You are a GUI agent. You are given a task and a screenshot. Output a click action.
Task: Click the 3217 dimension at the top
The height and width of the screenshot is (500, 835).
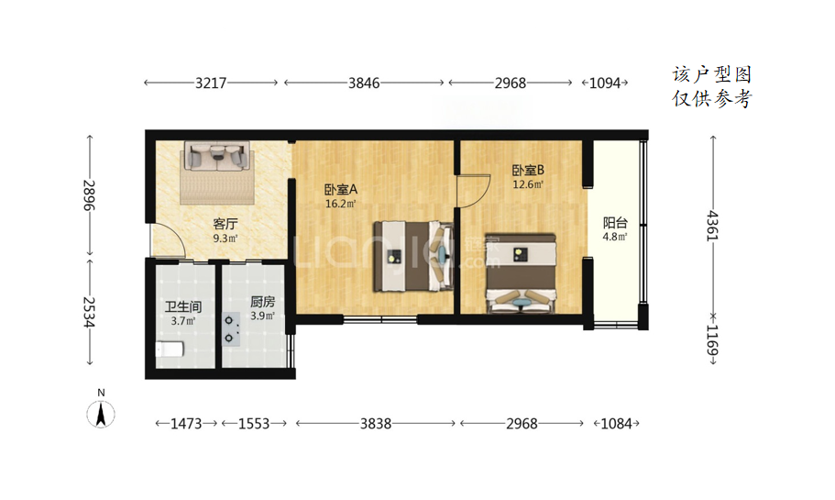[x=211, y=83]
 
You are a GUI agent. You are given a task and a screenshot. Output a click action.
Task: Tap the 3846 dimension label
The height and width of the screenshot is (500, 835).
[x=364, y=83]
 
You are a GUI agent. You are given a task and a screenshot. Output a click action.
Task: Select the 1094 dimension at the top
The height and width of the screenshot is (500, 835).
[x=605, y=83]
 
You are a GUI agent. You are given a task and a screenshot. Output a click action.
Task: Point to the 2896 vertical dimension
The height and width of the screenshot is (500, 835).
[x=89, y=195]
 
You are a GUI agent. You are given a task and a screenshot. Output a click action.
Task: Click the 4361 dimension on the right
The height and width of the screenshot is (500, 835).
[x=712, y=226]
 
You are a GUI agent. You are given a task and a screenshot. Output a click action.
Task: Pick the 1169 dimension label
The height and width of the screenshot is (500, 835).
[x=712, y=340]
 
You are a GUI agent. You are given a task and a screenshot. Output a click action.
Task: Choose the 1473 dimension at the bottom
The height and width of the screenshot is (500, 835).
[x=186, y=424]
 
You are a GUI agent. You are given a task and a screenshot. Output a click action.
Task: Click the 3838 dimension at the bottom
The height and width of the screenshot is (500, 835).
[x=376, y=424]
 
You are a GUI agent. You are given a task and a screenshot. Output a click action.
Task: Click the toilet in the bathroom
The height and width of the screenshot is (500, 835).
[x=170, y=350]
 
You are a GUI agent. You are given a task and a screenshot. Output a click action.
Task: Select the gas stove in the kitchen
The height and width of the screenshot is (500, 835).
[x=231, y=328]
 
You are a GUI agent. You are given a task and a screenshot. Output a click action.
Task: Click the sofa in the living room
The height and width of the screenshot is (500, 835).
[x=217, y=156]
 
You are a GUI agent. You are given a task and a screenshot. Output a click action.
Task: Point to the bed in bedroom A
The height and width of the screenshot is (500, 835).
[x=413, y=256]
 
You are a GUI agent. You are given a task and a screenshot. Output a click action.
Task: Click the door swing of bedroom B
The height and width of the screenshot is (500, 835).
[x=474, y=190]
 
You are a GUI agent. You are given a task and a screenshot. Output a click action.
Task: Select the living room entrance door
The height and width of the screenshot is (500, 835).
[x=169, y=241]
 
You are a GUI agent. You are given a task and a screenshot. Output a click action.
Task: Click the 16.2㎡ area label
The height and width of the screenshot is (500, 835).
[x=340, y=203]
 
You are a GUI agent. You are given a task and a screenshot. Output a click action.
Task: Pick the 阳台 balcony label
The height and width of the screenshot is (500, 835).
[x=615, y=223]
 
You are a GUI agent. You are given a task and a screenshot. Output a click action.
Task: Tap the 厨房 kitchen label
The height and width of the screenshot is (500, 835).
[x=262, y=302]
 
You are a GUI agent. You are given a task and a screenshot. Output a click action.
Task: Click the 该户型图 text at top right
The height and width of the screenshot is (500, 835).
[x=712, y=74]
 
